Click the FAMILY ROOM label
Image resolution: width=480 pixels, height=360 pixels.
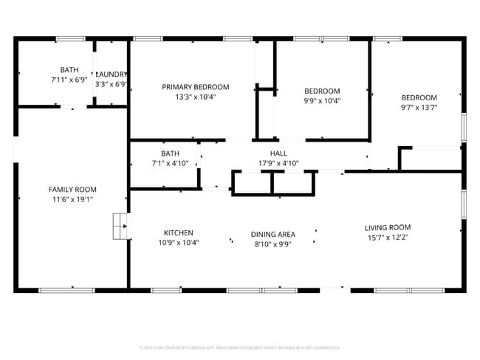point(72,190)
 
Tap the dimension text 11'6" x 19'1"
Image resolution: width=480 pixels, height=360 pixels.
point(72,199)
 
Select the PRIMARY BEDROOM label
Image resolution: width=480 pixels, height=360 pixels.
point(196,86)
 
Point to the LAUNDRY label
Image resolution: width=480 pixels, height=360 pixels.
point(112,75)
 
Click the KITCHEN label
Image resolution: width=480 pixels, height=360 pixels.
point(179,232)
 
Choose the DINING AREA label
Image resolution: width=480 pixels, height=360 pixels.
point(273,234)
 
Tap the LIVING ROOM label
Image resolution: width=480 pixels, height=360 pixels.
point(387,227)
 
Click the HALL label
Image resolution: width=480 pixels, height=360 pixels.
point(278,153)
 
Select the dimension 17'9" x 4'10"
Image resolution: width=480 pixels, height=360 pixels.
point(278,163)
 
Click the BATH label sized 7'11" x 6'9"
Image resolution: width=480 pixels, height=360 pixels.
point(69,70)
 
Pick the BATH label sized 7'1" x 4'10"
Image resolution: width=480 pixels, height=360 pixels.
point(171,153)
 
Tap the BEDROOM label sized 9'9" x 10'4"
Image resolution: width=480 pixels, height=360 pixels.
point(322,91)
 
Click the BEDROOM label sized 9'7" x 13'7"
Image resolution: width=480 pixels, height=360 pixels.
point(419,97)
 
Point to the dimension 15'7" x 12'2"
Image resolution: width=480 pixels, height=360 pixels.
point(387,238)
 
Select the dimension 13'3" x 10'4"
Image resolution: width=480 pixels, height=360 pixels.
point(196,97)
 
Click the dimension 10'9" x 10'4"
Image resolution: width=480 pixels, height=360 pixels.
point(179,242)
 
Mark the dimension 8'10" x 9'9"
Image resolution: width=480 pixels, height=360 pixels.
point(273,244)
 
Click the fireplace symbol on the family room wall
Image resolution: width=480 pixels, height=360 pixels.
point(119,226)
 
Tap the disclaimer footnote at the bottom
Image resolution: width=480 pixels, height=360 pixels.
point(239,347)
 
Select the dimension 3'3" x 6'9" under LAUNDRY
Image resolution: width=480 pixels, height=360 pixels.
point(111,84)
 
